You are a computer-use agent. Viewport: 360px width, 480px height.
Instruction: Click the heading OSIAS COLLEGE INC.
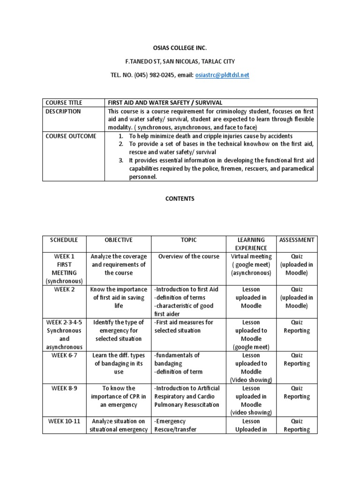point(180,48)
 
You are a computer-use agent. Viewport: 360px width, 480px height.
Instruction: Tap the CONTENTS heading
point(180,199)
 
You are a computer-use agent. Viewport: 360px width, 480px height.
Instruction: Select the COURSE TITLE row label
point(63,103)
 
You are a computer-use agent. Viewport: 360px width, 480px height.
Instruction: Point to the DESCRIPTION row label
point(63,112)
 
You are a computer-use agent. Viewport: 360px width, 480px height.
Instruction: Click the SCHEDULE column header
point(64,240)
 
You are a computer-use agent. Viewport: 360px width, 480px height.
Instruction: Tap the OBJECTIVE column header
point(119,240)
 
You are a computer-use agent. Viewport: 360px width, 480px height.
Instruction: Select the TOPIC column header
point(189,240)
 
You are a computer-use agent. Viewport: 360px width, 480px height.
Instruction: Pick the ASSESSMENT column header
point(297,240)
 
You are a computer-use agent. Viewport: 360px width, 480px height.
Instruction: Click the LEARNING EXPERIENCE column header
point(251,244)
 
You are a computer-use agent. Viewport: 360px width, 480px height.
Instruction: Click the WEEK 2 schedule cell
point(64,289)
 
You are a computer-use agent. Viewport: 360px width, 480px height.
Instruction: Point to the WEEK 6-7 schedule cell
point(64,355)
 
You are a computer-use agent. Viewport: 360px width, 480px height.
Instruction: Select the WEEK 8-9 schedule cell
point(64,388)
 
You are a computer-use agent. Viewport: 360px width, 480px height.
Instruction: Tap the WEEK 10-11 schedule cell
point(64,421)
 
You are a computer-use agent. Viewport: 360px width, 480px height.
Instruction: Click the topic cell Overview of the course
point(189,256)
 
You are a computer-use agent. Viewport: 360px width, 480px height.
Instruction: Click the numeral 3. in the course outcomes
point(121,160)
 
